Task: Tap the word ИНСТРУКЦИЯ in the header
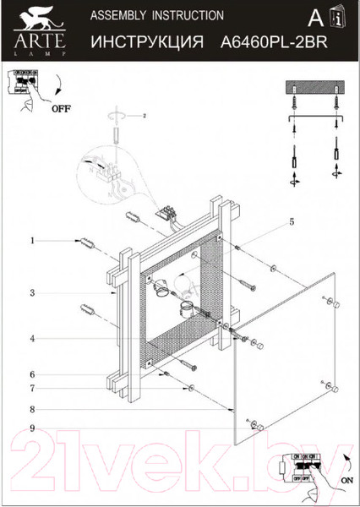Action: click(145, 40)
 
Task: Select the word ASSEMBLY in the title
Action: click(117, 15)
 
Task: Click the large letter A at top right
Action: click(314, 18)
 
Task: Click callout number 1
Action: click(32, 242)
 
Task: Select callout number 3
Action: click(32, 293)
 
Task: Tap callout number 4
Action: click(32, 339)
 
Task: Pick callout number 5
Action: click(291, 222)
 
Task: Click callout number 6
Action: click(32, 374)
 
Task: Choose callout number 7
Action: click(32, 389)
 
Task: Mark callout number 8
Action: click(32, 410)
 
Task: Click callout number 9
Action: click(32, 428)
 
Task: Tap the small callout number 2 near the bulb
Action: click(145, 116)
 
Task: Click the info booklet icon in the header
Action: click(338, 18)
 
